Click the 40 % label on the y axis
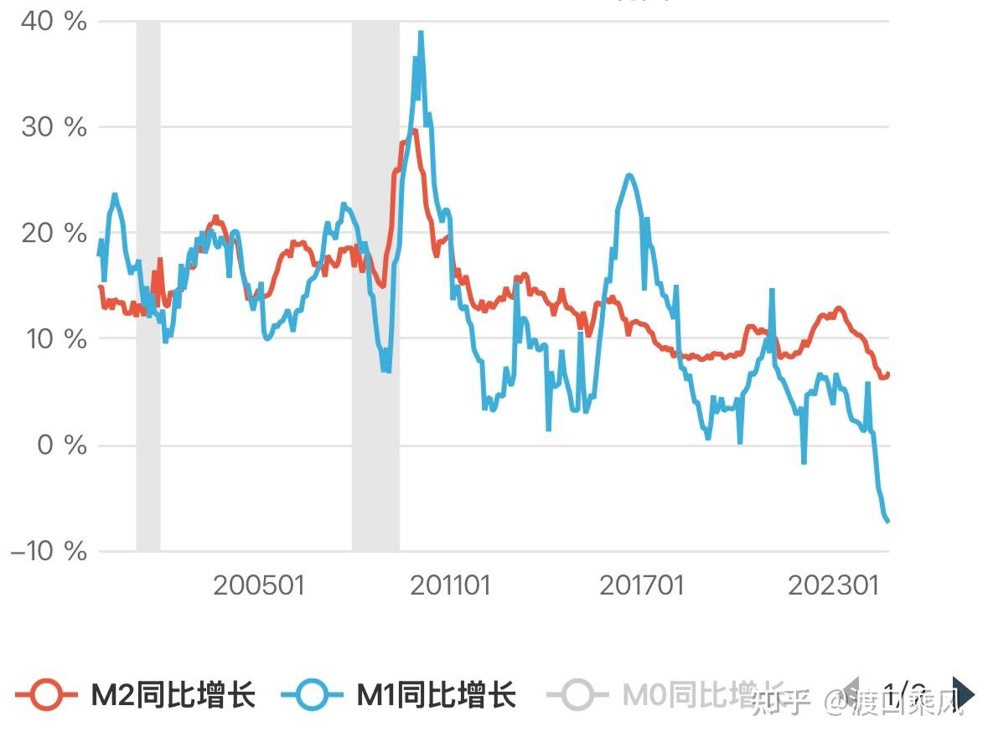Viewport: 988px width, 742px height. coord(53,22)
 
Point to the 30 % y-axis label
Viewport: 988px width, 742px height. coord(53,127)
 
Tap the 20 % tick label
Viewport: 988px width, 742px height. coord(53,234)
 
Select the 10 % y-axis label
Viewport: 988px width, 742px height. coord(53,339)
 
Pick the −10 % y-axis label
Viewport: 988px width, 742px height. coord(49,551)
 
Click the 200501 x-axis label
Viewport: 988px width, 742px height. coord(258,585)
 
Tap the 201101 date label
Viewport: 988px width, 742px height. coord(450,585)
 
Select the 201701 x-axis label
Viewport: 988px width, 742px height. coord(642,585)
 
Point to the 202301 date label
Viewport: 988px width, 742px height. coord(834,585)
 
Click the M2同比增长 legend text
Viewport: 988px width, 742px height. coord(173,695)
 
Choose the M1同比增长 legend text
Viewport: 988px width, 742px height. coord(437,695)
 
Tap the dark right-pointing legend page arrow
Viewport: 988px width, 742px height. coord(964,693)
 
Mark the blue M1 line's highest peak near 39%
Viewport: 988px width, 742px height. coord(421,33)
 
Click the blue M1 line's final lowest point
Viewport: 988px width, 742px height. coord(887,521)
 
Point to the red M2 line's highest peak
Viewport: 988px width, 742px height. coord(413,131)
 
